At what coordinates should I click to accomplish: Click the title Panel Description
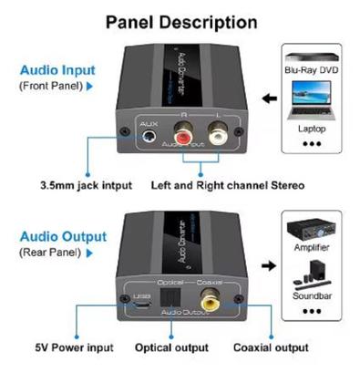(x=180, y=21)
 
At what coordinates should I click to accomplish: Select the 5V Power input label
(x=75, y=347)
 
